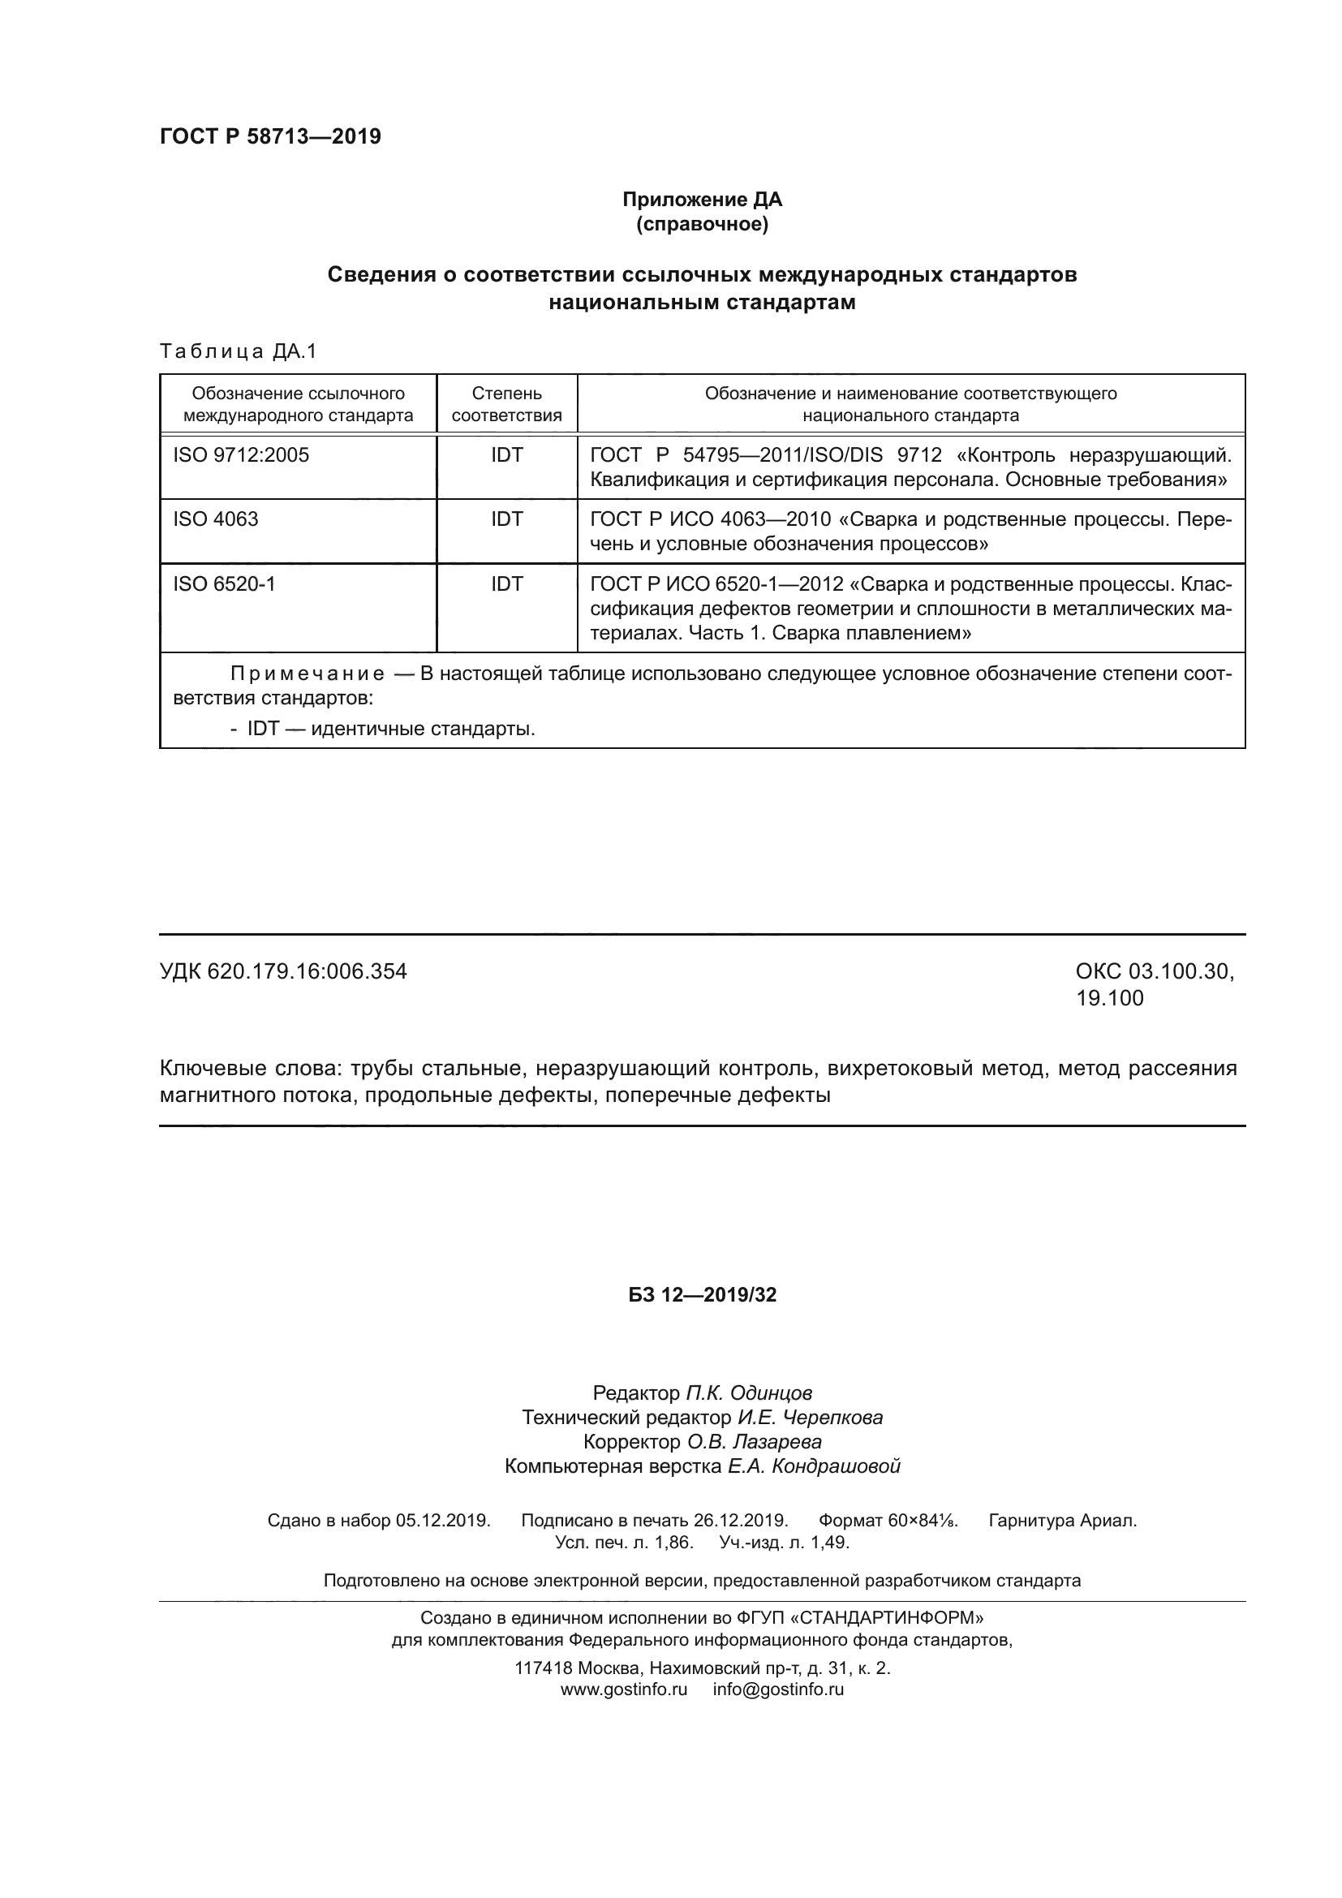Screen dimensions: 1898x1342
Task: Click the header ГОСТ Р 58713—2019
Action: coord(270,136)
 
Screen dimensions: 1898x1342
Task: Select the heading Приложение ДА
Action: coord(702,200)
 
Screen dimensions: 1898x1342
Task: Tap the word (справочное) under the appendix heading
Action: coord(702,224)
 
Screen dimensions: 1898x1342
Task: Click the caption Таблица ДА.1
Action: coord(238,351)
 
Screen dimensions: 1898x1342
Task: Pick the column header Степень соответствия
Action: coord(506,404)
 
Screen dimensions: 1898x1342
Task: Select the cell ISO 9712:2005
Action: coord(240,454)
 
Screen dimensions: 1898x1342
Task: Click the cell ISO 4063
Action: coord(216,519)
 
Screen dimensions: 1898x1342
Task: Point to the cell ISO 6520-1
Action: coord(224,584)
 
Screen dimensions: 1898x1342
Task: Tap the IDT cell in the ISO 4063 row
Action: coord(506,519)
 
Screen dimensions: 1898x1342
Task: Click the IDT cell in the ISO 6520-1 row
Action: coord(506,584)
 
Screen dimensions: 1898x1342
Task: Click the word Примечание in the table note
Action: coord(308,674)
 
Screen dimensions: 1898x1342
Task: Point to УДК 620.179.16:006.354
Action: coord(283,971)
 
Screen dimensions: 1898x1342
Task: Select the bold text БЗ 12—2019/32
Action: coord(702,1294)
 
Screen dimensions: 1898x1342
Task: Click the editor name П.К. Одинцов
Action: coord(749,1393)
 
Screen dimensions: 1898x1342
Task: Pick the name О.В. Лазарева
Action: coord(755,1442)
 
